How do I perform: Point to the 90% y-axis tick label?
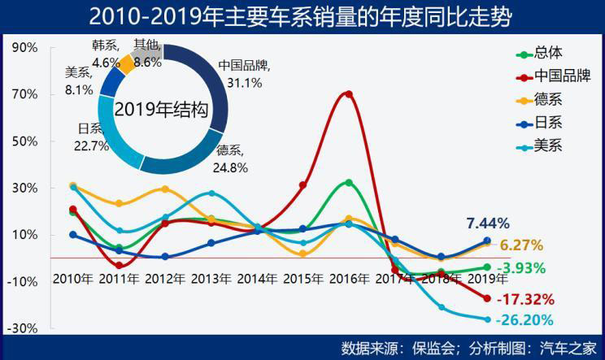(26, 47)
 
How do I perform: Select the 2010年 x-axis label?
(72, 278)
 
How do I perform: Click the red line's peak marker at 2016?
(349, 94)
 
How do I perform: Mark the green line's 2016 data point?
(349, 182)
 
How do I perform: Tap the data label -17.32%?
(524, 298)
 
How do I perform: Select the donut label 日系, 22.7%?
(93, 137)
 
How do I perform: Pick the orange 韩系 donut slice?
(128, 63)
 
